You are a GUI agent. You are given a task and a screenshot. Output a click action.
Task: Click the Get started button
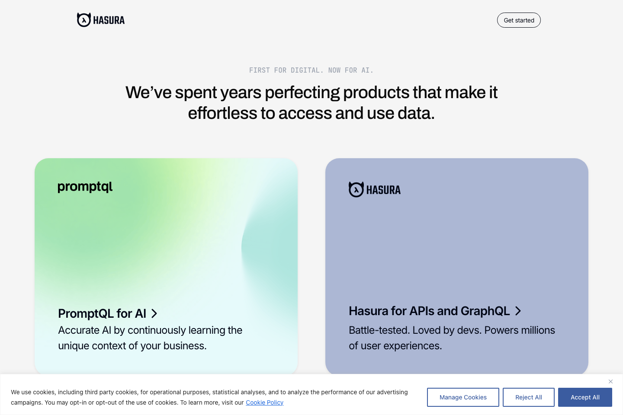(519, 20)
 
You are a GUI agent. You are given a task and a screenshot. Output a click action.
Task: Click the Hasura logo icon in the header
(84, 20)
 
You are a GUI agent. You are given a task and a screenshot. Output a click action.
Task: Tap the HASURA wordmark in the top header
(109, 20)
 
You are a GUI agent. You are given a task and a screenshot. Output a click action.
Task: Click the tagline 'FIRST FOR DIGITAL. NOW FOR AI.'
(311, 70)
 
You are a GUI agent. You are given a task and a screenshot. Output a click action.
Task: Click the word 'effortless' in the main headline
(222, 113)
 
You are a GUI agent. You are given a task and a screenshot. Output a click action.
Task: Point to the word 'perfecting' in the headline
(302, 93)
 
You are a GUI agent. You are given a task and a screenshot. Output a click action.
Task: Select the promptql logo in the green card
(85, 187)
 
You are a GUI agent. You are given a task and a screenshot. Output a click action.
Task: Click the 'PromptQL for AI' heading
(102, 313)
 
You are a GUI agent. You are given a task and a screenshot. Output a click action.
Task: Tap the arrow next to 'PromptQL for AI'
(154, 313)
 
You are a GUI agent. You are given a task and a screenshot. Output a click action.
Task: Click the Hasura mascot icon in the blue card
(356, 189)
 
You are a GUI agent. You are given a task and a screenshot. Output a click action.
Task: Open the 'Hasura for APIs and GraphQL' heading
(429, 311)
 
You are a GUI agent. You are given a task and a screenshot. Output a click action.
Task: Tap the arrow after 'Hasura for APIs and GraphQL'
(518, 311)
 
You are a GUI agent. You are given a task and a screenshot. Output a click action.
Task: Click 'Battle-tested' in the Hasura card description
(379, 330)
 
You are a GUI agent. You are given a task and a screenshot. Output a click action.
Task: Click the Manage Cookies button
(463, 397)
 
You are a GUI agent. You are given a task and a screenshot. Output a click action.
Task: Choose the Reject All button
(528, 397)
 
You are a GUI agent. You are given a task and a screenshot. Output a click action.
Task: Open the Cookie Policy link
(264, 402)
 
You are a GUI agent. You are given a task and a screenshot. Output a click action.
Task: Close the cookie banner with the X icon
(610, 381)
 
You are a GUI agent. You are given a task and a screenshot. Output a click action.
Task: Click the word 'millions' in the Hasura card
(537, 330)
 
